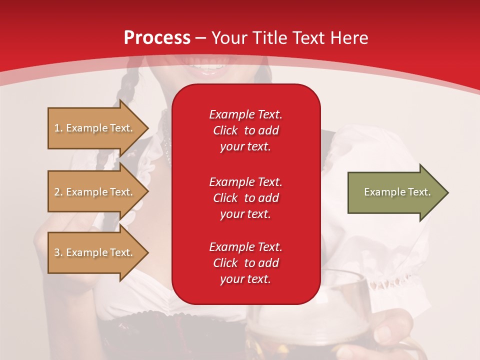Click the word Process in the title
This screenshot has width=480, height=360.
(157, 38)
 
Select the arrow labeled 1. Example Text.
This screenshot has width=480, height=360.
(97, 128)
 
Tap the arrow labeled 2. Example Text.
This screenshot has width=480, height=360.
(97, 192)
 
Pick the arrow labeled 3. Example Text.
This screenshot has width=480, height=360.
(97, 252)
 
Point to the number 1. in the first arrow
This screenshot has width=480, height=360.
(58, 128)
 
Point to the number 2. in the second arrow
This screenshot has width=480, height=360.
(58, 192)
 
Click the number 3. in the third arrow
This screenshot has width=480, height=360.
(58, 252)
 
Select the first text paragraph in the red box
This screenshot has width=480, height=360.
(245, 130)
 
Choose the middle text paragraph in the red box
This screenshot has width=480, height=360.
(245, 198)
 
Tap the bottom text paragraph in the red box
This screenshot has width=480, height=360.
(245, 263)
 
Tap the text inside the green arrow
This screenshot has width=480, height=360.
(397, 192)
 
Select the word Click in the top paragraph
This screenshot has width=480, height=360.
(225, 130)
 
